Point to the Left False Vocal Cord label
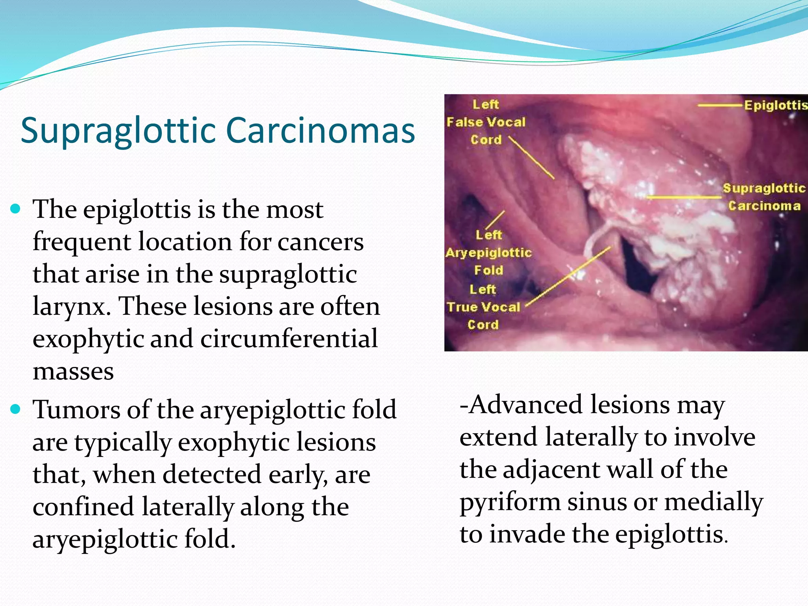pos(486,122)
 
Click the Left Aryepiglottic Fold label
pos(488,252)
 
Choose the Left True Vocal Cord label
pos(483,307)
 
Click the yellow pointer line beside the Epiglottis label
pos(720,105)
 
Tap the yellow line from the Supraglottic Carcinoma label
pos(685,197)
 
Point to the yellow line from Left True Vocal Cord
pos(568,276)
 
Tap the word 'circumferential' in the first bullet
pos(289,339)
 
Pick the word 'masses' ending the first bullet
pos(73,372)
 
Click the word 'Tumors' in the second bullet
pos(76,409)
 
